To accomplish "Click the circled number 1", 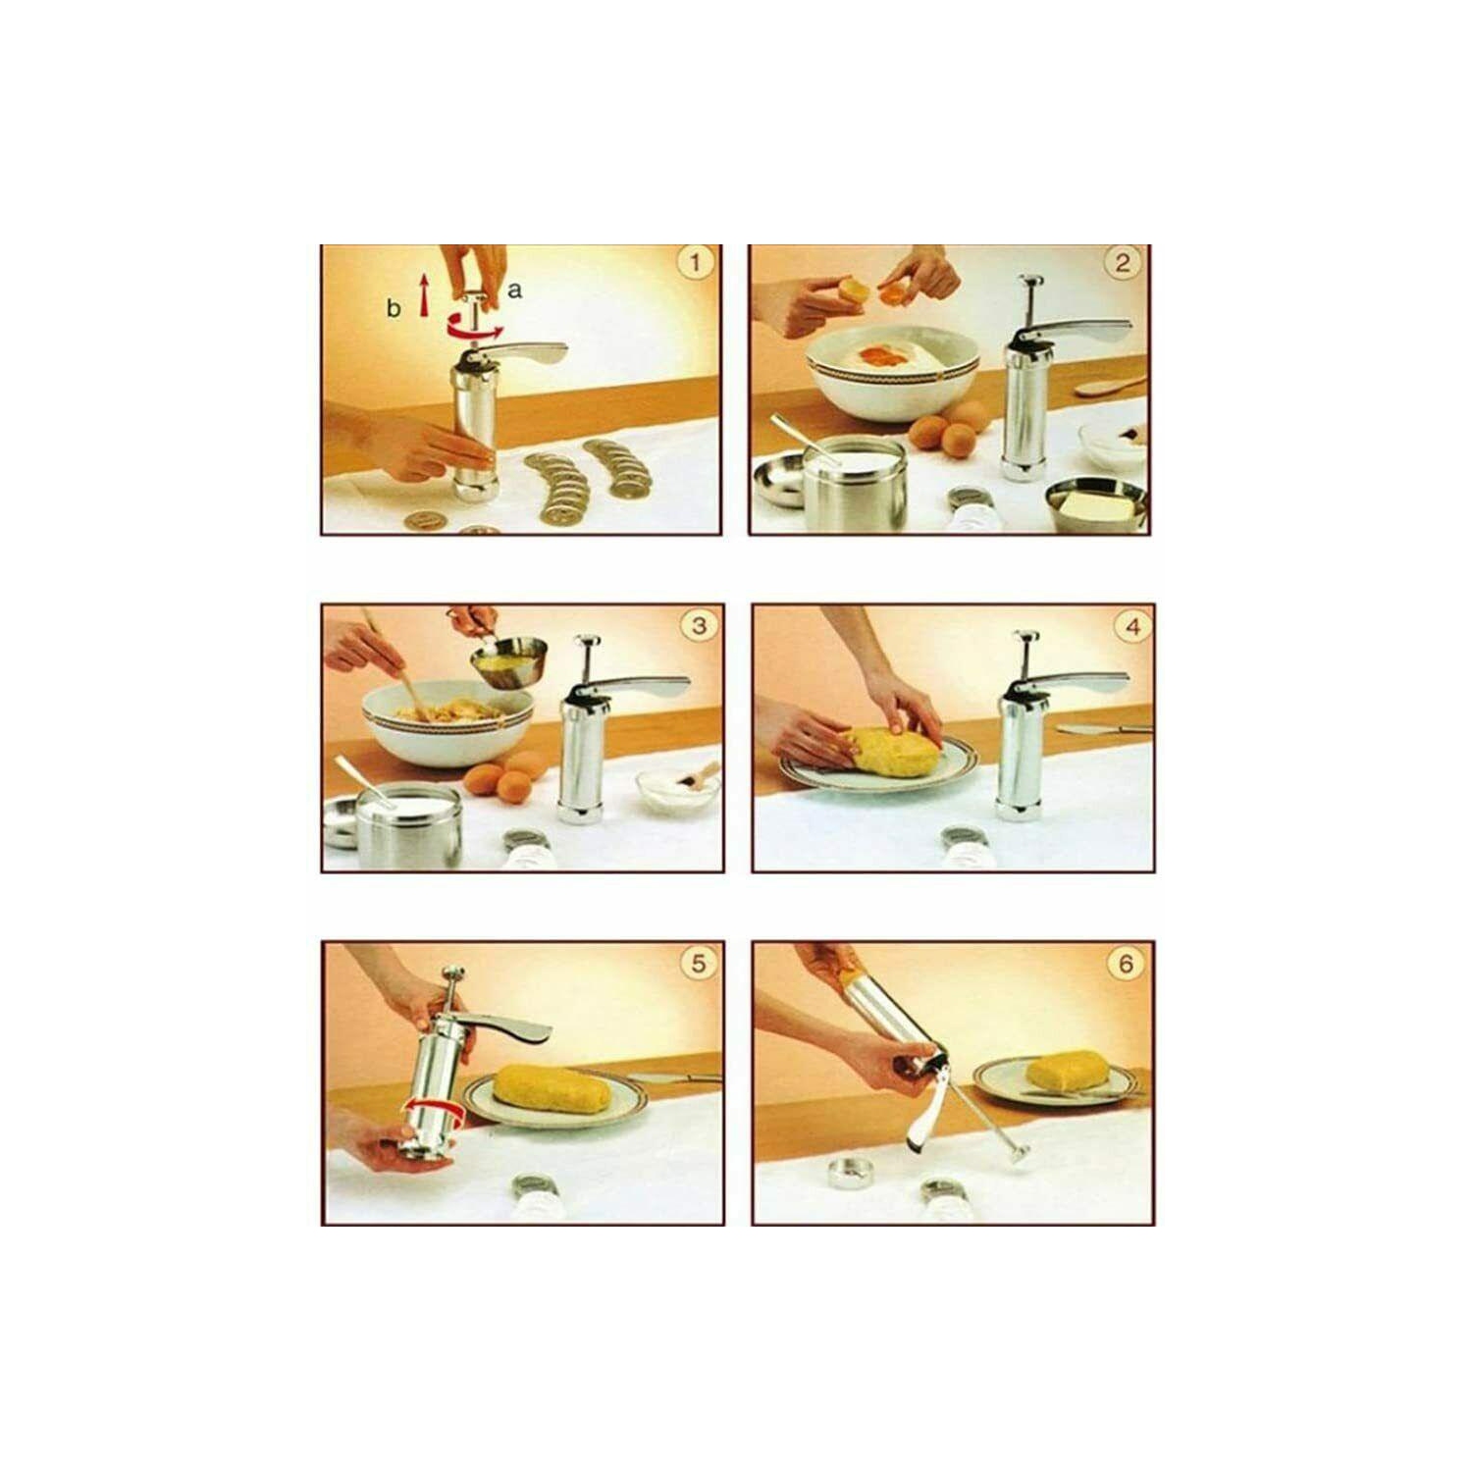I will [x=696, y=264].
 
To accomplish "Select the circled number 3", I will [x=699, y=625].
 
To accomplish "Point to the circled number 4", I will [x=1132, y=625].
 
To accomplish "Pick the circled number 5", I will [x=698, y=964].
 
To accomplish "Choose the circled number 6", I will [x=1125, y=964].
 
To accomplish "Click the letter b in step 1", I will [x=394, y=308].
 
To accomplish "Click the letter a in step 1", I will [x=515, y=290].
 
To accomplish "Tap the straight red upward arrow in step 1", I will [x=424, y=295].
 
